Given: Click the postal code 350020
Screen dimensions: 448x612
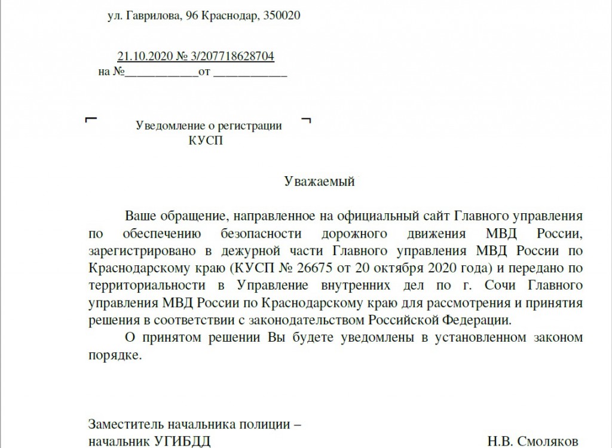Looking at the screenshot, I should tap(281, 16).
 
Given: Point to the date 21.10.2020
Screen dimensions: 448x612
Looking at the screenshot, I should tap(144, 56).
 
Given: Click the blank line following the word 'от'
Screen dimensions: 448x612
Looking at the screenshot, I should tap(250, 75).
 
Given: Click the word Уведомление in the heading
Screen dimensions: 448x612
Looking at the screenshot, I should tap(167, 126).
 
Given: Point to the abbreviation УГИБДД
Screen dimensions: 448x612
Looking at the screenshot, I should tap(182, 442).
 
